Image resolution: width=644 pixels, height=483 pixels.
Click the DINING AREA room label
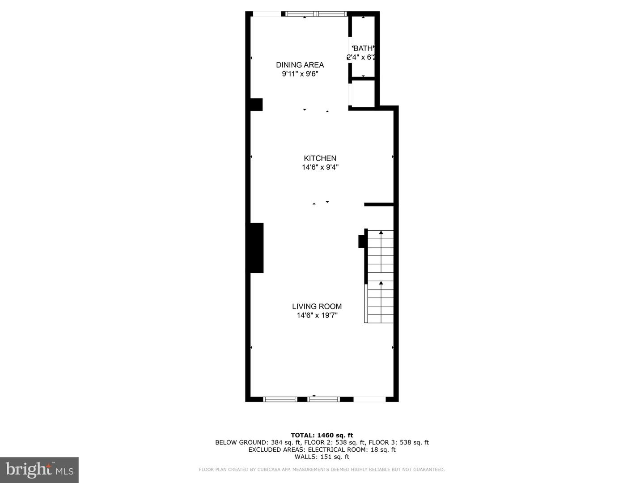click(x=300, y=65)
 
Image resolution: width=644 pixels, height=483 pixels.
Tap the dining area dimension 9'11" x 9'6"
click(x=300, y=74)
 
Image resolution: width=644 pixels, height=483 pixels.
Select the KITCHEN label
click(x=320, y=158)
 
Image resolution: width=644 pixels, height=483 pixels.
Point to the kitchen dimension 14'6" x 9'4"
click(x=320, y=168)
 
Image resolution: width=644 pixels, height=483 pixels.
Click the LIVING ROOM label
click(x=317, y=306)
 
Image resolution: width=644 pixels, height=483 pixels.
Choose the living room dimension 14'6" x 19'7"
click(x=317, y=316)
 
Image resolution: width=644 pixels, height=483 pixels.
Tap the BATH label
click(x=363, y=48)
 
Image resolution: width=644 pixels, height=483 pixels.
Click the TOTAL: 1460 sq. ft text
click(x=322, y=435)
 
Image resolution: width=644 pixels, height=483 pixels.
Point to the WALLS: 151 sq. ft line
click(x=322, y=457)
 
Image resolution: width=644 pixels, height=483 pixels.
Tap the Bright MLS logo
click(x=39, y=470)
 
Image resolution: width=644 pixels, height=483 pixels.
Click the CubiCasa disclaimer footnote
click(x=322, y=470)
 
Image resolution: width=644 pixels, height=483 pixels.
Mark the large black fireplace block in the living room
click(x=256, y=248)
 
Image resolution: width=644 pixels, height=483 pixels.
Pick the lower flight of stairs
click(x=381, y=302)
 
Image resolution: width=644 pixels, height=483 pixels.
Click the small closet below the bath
click(x=363, y=94)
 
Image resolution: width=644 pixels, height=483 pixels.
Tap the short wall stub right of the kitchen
click(x=379, y=204)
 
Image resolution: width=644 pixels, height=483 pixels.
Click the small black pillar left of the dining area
click(x=256, y=105)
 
